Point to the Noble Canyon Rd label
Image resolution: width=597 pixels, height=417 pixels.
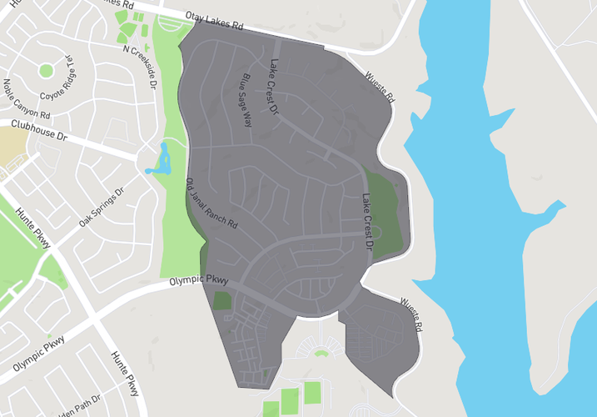coord(27,98)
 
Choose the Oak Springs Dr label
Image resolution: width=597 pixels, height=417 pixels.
coord(101,208)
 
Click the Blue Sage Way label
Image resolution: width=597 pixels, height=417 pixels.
coord(245,99)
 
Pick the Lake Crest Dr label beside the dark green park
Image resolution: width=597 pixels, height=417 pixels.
coord(366,223)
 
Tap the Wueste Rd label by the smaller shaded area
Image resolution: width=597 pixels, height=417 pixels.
coord(411,313)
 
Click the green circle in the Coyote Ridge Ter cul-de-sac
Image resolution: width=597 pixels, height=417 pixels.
coord(46,70)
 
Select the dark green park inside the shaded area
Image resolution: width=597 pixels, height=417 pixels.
coord(383,213)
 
